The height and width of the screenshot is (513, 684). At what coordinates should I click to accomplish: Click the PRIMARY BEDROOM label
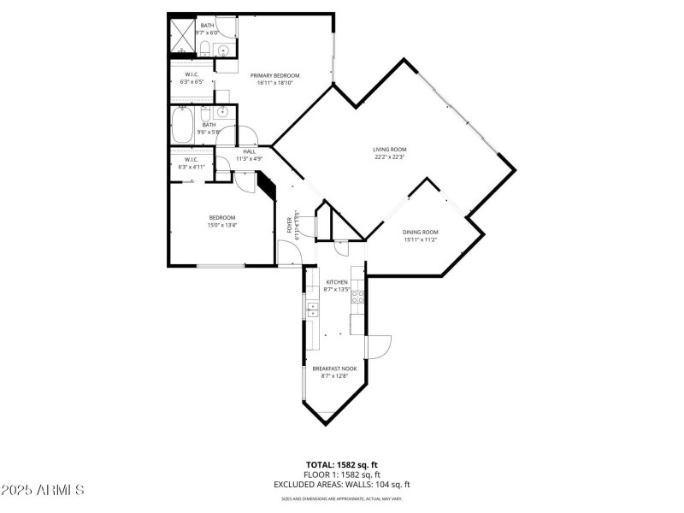274,75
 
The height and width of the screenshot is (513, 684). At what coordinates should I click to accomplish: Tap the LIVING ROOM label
389,149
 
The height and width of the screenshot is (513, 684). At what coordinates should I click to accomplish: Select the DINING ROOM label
421,232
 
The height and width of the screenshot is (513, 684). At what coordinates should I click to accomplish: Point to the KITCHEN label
337,282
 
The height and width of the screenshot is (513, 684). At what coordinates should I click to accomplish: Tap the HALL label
250,151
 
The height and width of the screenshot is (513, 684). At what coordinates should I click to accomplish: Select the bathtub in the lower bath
182,126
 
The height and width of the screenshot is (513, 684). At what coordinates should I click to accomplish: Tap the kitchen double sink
312,309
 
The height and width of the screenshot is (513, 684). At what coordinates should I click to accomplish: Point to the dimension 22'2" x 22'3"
389,156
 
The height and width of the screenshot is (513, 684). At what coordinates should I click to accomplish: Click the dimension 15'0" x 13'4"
222,225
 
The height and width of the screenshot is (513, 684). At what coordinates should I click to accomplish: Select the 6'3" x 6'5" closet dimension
192,82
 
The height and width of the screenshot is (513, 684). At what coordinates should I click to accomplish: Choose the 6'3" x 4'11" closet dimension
191,167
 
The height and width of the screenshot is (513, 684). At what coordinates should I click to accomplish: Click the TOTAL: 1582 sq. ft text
341,465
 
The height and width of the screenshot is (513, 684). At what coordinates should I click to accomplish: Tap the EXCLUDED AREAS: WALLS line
342,484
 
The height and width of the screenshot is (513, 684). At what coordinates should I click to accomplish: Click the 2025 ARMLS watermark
43,490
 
